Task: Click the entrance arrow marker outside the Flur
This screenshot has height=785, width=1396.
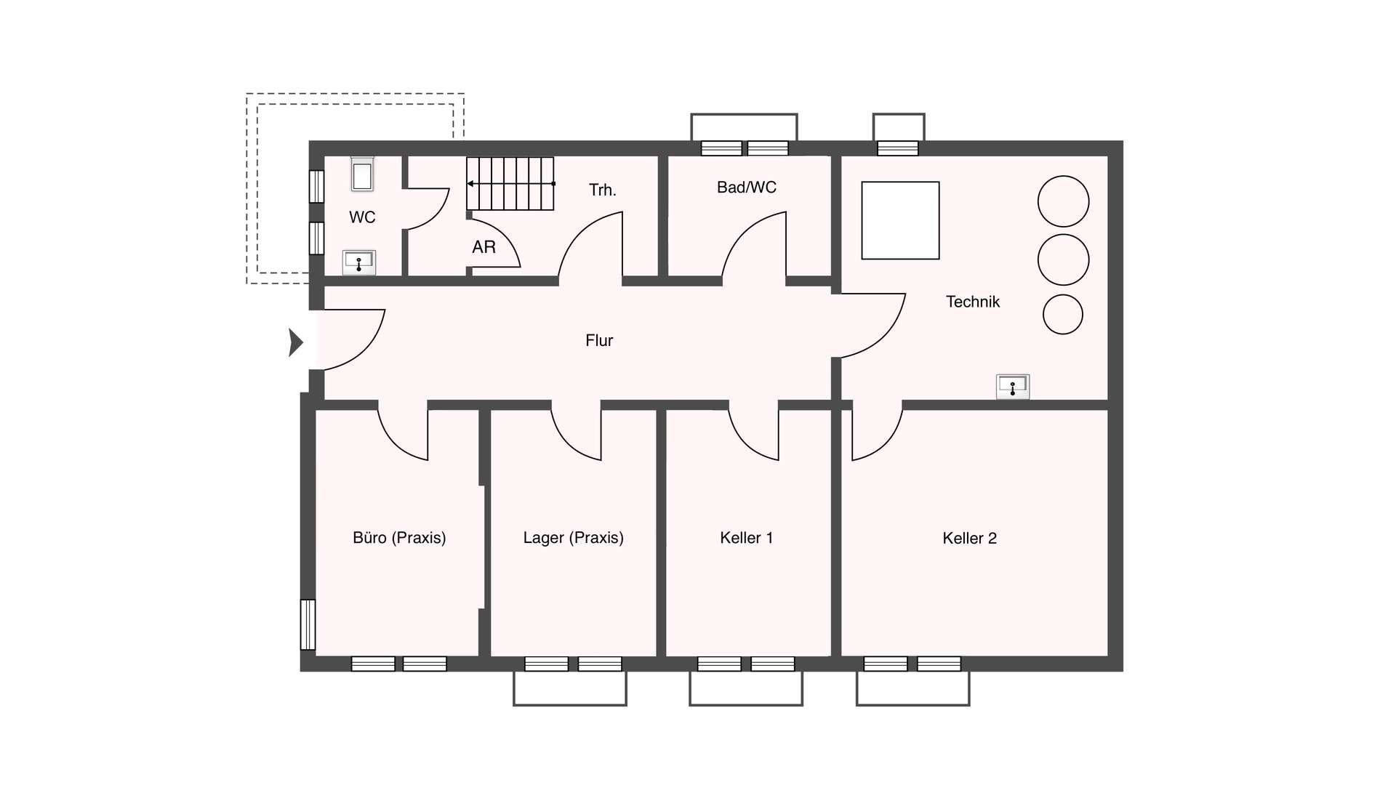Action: (295, 342)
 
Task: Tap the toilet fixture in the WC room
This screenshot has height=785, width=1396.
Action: (362, 174)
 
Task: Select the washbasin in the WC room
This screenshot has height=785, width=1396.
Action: (359, 262)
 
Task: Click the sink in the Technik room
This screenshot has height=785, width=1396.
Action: (1013, 386)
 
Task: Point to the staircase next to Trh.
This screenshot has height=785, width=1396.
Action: (510, 184)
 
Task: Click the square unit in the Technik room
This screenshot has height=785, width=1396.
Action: (900, 220)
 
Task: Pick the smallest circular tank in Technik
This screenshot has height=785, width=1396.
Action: (1063, 315)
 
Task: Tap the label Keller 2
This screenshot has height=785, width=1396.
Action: (969, 539)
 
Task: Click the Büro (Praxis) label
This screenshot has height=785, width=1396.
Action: (399, 538)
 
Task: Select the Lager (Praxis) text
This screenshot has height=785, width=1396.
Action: (574, 538)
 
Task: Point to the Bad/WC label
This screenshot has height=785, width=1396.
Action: (747, 188)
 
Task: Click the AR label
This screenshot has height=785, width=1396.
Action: (484, 247)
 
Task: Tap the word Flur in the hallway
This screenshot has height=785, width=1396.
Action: (599, 340)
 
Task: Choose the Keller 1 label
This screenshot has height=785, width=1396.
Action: (746, 538)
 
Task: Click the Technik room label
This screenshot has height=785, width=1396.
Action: (973, 302)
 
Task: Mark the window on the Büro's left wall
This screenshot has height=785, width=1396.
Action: (308, 624)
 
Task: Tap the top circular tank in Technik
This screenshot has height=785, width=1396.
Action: (1063, 201)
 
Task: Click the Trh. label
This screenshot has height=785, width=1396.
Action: (603, 190)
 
